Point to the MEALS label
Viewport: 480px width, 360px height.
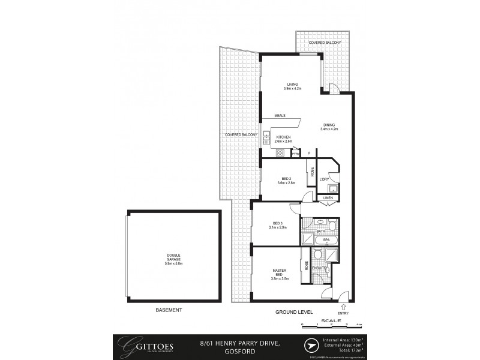(279, 115)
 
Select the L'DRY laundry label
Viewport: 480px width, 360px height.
(324, 179)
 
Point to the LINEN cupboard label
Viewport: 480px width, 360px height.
(327, 198)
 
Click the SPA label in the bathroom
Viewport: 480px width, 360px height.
(326, 240)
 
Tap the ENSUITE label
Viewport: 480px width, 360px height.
(318, 268)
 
